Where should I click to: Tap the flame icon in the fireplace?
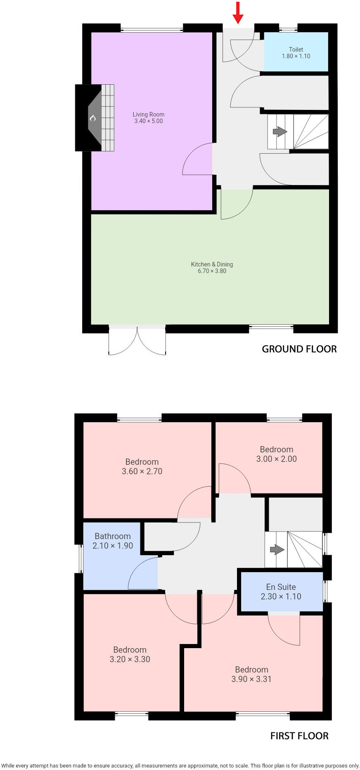pos(93,118)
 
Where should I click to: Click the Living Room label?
pos(149,114)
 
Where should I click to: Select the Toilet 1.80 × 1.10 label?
pos(296,53)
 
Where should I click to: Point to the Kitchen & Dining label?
pos(212,264)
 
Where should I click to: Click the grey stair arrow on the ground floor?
pos(280,132)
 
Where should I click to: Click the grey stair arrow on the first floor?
pos(277,550)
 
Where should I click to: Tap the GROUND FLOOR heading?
pos(299,349)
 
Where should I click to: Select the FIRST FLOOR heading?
pos(299,736)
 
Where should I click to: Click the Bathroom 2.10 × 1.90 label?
pos(113,541)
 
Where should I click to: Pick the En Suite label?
pos(281,587)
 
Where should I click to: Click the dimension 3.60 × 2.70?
pos(142,471)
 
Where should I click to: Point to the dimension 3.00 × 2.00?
pos(277,459)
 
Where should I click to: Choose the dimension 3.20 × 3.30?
pos(130,659)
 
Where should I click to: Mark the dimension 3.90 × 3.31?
pos(251,679)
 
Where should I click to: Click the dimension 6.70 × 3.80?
pos(212,271)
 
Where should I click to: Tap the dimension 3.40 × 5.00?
pos(149,121)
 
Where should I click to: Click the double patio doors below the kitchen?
pos(137,341)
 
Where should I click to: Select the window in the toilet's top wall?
pos(288,29)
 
